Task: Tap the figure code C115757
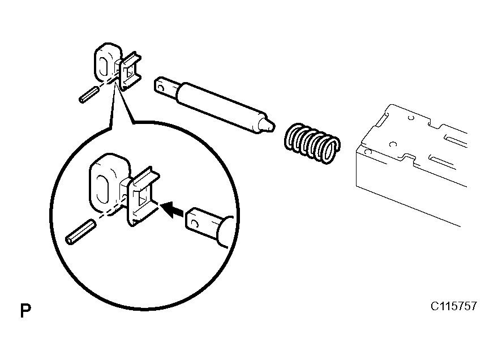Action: click(453, 306)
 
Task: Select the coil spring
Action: click(312, 143)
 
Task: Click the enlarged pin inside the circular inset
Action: click(80, 233)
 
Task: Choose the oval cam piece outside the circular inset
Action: click(107, 62)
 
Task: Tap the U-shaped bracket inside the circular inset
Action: click(141, 196)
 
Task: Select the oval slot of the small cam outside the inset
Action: click(104, 66)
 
